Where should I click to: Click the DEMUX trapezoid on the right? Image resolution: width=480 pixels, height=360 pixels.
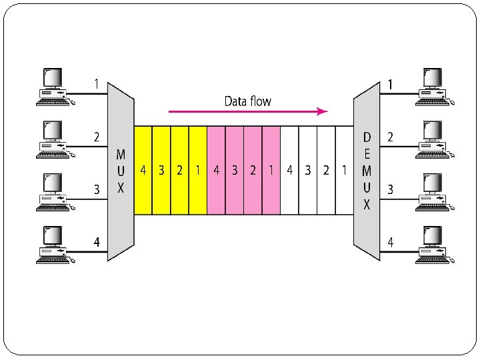367,170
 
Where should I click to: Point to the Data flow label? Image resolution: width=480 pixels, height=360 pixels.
247,101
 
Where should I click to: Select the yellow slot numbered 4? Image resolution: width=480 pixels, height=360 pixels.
143,170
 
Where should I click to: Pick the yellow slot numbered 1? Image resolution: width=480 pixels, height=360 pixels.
198,170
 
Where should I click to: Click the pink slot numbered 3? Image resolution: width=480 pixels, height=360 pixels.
235,170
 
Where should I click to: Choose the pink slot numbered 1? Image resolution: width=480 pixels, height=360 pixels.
271,170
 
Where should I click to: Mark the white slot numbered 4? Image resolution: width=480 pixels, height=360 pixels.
289,170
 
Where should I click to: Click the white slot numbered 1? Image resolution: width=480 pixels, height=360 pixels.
344,170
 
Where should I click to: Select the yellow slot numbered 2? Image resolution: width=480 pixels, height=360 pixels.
180,170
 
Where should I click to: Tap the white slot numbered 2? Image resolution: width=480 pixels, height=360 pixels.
326,170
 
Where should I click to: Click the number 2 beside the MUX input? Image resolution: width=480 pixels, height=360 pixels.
97,137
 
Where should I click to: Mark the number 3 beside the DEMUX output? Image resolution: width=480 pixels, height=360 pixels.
391,190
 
